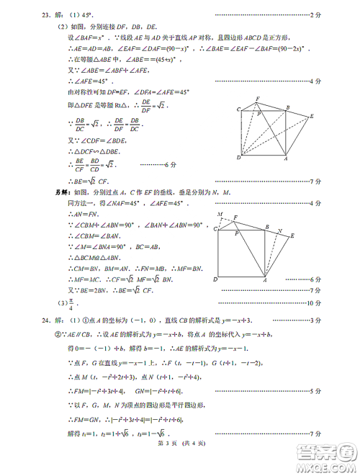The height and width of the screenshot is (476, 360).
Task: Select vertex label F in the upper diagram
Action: coord(257,98)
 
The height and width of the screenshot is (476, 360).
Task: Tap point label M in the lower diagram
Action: coord(220,214)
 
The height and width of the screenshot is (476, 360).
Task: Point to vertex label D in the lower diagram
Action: coord(215,279)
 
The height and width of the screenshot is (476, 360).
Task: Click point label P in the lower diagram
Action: coord(237,234)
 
